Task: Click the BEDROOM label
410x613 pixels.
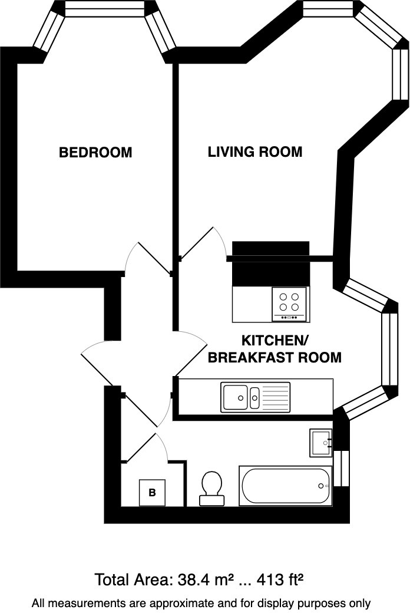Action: click(x=95, y=153)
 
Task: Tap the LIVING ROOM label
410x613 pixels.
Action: click(x=254, y=152)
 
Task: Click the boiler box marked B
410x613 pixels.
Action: click(x=152, y=493)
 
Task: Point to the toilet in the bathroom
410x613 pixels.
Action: click(x=211, y=489)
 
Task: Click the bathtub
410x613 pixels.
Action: click(x=286, y=486)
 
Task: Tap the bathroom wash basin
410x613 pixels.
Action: click(x=321, y=443)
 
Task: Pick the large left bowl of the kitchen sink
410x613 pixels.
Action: click(x=235, y=397)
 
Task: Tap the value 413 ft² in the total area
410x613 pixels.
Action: click(x=282, y=580)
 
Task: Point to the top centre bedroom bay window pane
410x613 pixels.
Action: click(x=104, y=9)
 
